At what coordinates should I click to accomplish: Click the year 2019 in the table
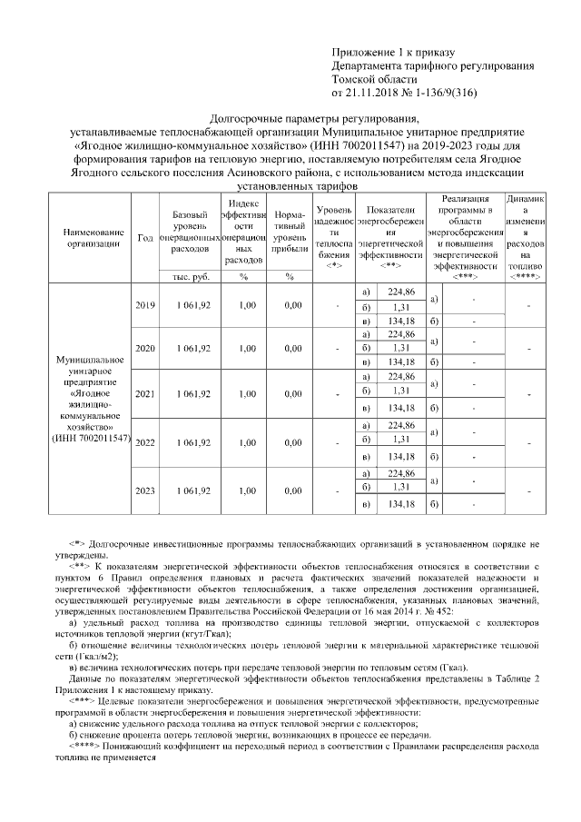(x=144, y=305)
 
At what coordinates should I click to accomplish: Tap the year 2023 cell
(x=144, y=490)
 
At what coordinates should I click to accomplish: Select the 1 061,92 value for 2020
(x=193, y=349)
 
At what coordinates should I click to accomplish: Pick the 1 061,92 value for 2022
(x=193, y=442)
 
